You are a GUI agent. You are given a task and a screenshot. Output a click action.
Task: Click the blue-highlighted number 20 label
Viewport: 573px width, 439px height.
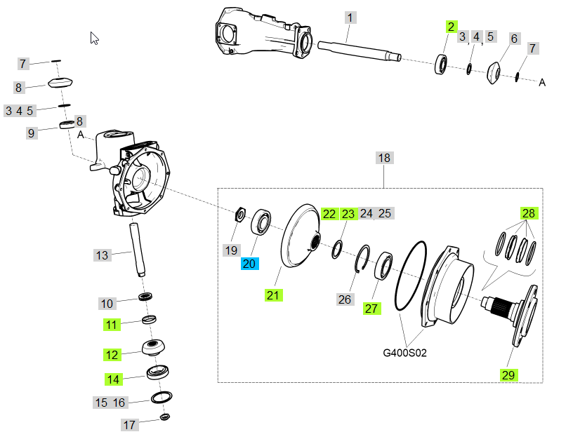coord(249,264)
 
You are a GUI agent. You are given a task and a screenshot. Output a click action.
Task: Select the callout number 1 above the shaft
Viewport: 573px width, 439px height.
coord(350,17)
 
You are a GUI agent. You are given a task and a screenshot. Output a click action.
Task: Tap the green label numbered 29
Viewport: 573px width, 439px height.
coord(508,375)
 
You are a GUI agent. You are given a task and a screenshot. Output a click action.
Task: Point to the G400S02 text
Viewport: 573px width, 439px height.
coord(404,352)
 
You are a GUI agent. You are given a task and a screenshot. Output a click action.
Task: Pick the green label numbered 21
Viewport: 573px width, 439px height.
coord(273,295)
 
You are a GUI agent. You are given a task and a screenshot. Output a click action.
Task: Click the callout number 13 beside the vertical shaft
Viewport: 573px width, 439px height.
coord(103,255)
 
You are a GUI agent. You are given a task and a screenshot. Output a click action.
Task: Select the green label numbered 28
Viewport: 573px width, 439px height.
coord(528,212)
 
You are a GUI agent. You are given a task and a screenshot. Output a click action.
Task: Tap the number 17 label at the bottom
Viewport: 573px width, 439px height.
coord(129,425)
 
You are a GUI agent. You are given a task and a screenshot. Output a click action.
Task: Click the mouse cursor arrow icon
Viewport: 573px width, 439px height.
coord(95,38)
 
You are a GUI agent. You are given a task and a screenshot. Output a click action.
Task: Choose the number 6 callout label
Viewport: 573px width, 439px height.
coord(513,38)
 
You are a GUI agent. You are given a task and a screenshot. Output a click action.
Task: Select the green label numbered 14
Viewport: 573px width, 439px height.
coord(114,379)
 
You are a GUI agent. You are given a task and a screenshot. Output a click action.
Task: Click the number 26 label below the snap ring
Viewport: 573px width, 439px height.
coord(344,299)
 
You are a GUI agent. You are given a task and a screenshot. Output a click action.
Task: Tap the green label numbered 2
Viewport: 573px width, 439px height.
coord(451,27)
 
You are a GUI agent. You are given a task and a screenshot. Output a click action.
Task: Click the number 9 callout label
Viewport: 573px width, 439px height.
coord(31,133)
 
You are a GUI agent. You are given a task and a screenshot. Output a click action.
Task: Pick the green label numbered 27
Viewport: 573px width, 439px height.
coord(371,308)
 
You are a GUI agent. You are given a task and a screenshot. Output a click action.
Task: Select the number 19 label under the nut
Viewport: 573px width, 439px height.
coord(231,250)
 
